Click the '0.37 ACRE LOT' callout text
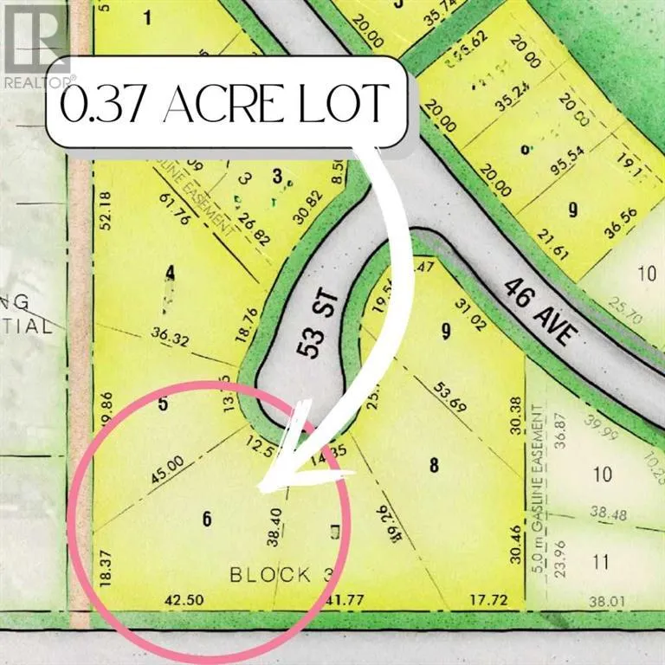click(x=223, y=104)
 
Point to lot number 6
click(x=206, y=519)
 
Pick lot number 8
click(x=435, y=465)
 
